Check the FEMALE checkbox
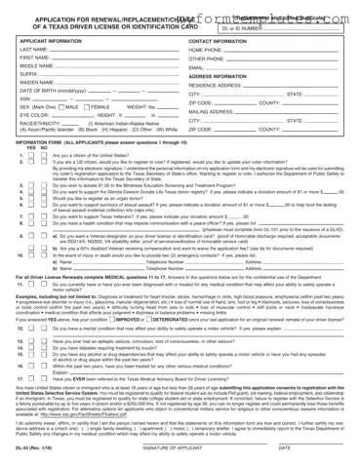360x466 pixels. (73, 108)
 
